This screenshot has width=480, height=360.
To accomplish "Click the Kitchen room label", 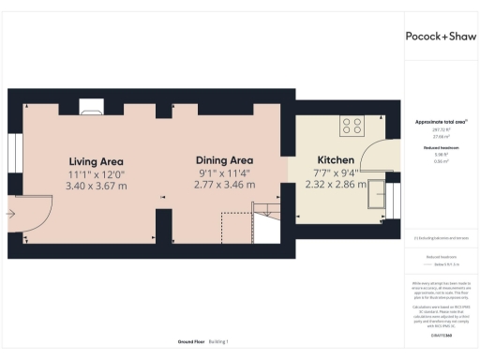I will (x=335, y=160).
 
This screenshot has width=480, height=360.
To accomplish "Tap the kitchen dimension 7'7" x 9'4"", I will (x=335, y=172).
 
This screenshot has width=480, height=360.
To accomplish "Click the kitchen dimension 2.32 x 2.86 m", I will (x=335, y=186).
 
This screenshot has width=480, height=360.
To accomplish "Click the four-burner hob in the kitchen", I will (x=354, y=125).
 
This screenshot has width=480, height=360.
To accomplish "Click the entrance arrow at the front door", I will (x=11, y=213).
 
